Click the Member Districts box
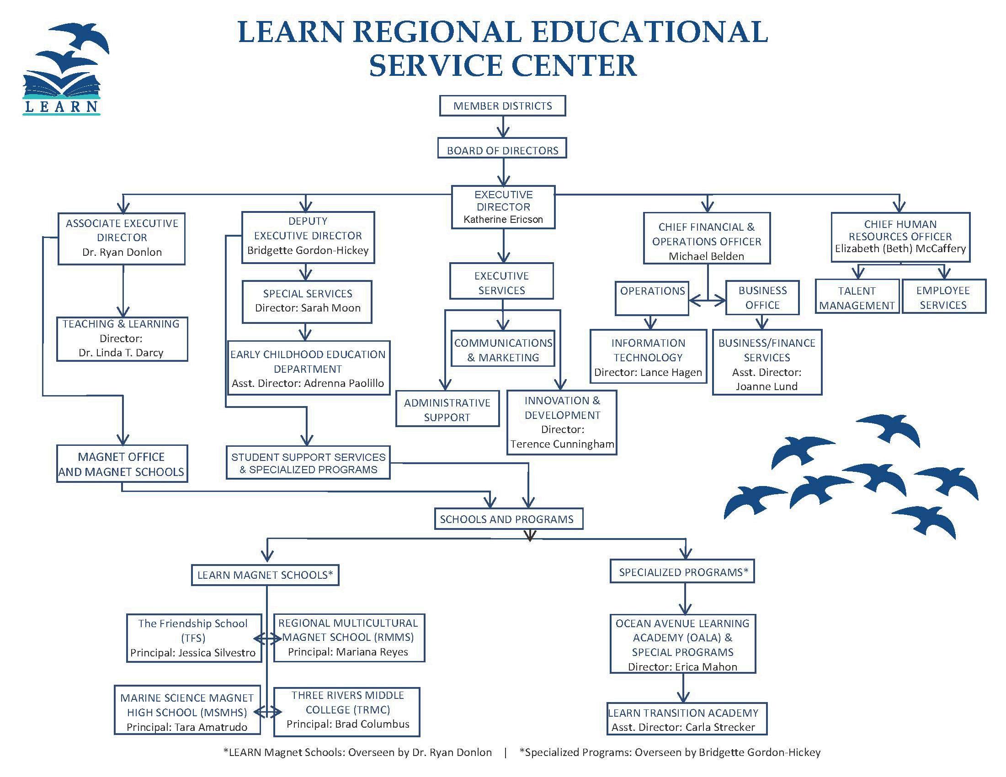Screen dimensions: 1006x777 [x=502, y=106]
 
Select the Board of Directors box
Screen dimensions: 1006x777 [x=502, y=150]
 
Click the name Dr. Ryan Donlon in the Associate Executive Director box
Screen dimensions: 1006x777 [x=122, y=252]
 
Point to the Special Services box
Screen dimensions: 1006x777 [x=307, y=301]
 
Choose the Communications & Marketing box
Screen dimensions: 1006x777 [x=502, y=350]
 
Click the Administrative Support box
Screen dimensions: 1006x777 [x=447, y=410]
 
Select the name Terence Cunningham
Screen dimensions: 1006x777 [x=562, y=444]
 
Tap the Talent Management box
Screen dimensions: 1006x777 [x=857, y=297]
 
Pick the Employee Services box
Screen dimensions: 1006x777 [x=943, y=297]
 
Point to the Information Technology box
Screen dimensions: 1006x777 [x=648, y=357]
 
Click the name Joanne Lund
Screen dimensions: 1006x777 [x=766, y=386]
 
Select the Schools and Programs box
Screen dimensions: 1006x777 [x=507, y=519]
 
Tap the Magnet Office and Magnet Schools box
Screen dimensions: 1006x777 [x=122, y=464]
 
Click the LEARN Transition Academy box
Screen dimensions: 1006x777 [x=683, y=719]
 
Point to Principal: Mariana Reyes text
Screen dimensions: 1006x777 [x=348, y=652]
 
